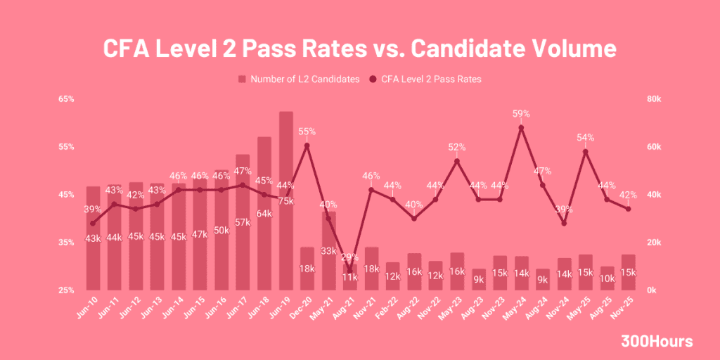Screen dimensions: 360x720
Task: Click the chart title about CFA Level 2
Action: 360,49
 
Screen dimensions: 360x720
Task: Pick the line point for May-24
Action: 521,127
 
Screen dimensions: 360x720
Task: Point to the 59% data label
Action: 521,114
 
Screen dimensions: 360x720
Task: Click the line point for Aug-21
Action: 350,271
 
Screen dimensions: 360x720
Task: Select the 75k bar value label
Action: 285,201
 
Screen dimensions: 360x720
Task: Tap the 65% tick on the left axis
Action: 66,99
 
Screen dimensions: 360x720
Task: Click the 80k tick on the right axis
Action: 653,99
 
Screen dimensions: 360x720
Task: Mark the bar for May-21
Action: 328,250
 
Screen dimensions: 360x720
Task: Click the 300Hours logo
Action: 657,342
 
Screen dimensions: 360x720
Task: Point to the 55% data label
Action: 307,131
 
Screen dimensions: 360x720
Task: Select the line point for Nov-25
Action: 628,209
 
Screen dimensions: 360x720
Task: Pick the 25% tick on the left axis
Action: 66,290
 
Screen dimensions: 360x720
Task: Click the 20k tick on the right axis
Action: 653,242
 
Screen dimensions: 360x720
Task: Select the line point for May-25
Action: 585,151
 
